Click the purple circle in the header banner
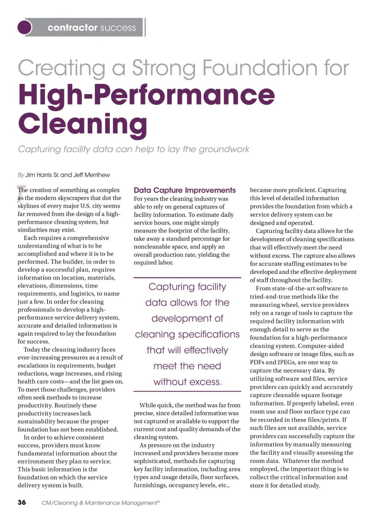click(25, 27)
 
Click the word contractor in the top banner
click(72, 28)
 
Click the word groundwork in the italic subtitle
click(224, 149)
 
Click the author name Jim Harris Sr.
click(42, 175)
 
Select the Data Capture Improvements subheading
click(185, 190)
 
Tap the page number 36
click(22, 502)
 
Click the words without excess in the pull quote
click(187, 382)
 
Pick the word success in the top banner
click(118, 28)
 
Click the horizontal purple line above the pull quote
click(187, 277)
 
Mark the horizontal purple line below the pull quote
click(187, 391)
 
